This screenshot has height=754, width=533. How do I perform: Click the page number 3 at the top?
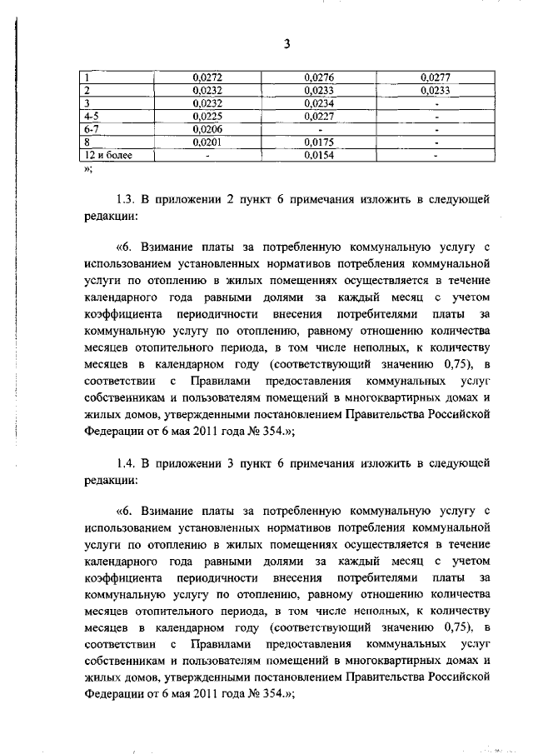(285, 45)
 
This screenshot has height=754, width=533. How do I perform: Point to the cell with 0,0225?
(203, 116)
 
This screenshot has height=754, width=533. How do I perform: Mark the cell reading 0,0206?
(203, 129)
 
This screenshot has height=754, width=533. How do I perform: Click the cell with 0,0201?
(203, 142)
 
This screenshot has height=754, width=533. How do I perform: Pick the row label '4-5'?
(92, 116)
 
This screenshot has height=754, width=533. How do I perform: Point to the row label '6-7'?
(92, 129)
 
